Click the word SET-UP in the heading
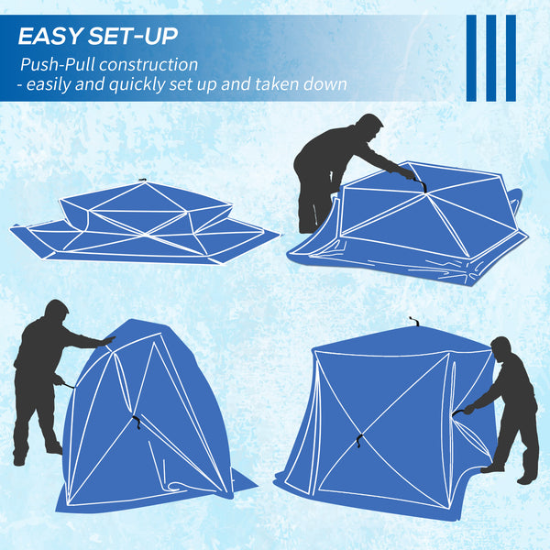135,38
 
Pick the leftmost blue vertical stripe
471,58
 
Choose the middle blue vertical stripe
490,58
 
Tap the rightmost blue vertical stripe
511,58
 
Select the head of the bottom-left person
56,312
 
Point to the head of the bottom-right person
500,348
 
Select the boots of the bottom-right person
513,473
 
